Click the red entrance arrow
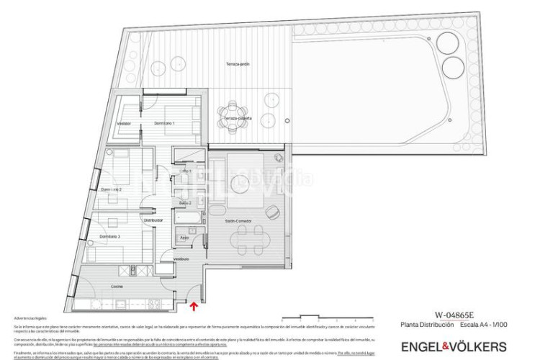(194, 306)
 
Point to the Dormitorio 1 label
(165, 124)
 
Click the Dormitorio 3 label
(109, 236)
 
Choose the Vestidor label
(125, 124)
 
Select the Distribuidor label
(153, 220)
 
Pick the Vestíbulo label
(181, 258)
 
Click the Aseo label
(184, 237)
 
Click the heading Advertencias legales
(28, 318)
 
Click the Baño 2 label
(184, 204)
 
